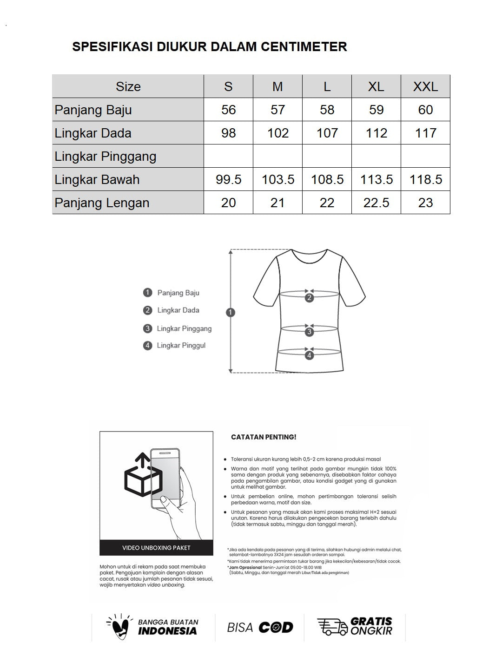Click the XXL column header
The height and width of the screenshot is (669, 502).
pos(425,86)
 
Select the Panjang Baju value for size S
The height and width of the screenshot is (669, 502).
pos(228,110)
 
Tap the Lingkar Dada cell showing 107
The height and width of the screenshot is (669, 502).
pos(327,133)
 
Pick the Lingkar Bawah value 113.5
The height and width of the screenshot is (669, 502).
pos(376,179)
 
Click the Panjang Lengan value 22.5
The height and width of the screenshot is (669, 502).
pos(376,203)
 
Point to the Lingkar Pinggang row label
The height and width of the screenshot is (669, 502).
pos(106,156)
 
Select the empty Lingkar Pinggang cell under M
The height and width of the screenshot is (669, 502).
pos(277,156)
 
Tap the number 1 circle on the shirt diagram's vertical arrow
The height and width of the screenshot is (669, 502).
pos(231,312)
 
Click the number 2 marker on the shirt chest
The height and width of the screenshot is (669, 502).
pos(309,298)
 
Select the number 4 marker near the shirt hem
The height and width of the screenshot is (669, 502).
pos(309,355)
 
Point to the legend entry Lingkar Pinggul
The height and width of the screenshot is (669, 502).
pos(181,345)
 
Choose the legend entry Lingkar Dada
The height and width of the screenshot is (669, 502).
pos(178,310)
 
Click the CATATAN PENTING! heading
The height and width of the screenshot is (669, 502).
pos(264,437)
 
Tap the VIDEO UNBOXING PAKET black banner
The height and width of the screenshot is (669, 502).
pos(156,548)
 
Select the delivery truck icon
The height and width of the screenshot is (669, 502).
pos(332,627)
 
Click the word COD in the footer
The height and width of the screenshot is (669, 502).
pos(276,628)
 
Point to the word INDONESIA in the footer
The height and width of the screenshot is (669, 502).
pos(167,631)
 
